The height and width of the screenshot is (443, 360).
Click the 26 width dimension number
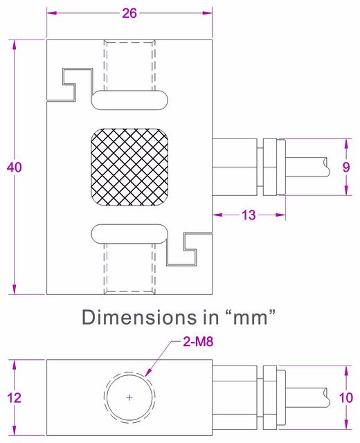[129, 13]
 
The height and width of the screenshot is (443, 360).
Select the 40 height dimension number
[14, 168]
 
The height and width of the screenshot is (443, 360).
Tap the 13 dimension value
[249, 215]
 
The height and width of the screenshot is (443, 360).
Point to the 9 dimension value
[346, 168]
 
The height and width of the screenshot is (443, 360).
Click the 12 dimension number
[14, 398]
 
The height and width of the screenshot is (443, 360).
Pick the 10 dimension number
[346, 398]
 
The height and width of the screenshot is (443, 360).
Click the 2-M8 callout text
[198, 342]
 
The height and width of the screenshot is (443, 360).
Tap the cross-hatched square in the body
[129, 167]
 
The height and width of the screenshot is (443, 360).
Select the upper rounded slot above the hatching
[129, 100]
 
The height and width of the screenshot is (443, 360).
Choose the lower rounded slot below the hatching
[129, 234]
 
